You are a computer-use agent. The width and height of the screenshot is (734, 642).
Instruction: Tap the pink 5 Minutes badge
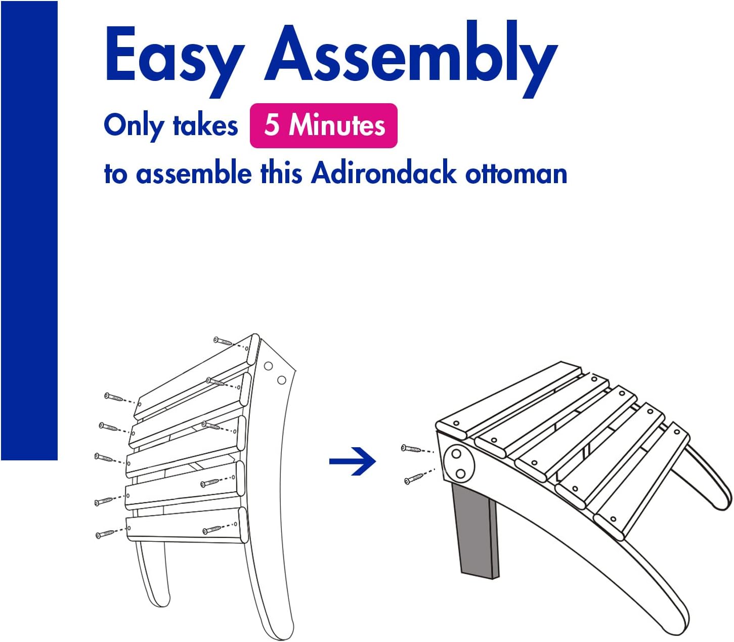pyautogui.click(x=323, y=125)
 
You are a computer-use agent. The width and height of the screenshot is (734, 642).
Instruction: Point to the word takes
pyautogui.click(x=205, y=125)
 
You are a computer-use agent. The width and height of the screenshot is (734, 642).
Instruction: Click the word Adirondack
pyautogui.click(x=383, y=174)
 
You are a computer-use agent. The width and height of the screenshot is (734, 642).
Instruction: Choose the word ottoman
pyautogui.click(x=516, y=174)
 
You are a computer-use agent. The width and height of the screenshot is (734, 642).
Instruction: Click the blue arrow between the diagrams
pyautogui.click(x=352, y=461)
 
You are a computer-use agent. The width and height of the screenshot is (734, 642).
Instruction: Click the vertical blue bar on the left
pyautogui.click(x=29, y=231)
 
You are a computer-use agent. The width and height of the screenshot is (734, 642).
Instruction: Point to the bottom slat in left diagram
pyautogui.click(x=187, y=525)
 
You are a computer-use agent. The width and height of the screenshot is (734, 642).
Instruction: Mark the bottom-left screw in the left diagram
pyautogui.click(x=105, y=534)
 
